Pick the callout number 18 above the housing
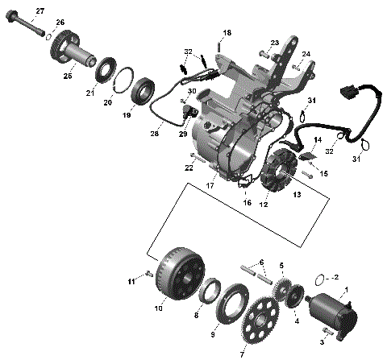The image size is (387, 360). click(x=227, y=32)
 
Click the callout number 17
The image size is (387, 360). click(x=210, y=186)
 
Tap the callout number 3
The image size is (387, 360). click(x=323, y=342)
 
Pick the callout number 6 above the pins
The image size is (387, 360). click(x=260, y=263)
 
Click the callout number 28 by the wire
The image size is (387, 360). click(x=154, y=134)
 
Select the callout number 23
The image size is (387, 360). click(x=274, y=43)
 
